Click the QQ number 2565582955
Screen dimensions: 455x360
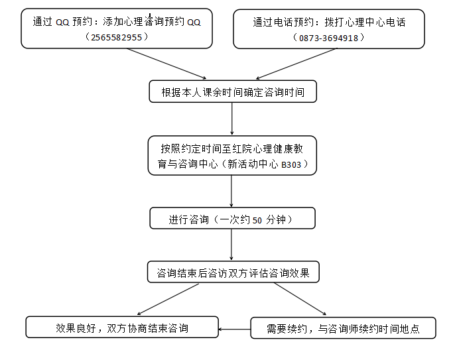coord(116,37)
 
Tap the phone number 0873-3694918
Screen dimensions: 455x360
coord(328,38)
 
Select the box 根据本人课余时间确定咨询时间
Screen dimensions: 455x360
coord(233,91)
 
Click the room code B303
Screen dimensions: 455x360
coord(291,164)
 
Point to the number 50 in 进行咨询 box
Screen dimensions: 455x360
coord(257,221)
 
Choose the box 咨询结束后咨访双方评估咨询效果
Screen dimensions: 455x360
coord(233,272)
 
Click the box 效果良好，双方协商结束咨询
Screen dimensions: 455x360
coord(122,328)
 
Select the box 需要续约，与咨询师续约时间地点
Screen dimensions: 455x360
coord(344,328)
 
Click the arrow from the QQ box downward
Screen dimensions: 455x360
coord(166,64)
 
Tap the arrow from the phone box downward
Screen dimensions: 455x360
coord(296,64)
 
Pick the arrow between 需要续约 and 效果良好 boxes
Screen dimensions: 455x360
coord(235,330)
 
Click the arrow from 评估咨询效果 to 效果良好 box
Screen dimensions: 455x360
coord(168,299)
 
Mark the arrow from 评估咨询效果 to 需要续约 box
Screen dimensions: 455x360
coord(300,299)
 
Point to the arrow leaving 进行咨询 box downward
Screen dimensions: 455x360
coord(231,245)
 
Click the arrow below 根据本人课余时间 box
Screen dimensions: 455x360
coord(232,119)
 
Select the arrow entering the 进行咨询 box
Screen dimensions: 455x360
coord(231,191)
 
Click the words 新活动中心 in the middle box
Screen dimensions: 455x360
coord(253,164)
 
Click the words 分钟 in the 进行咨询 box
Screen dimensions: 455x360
coord(276,220)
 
